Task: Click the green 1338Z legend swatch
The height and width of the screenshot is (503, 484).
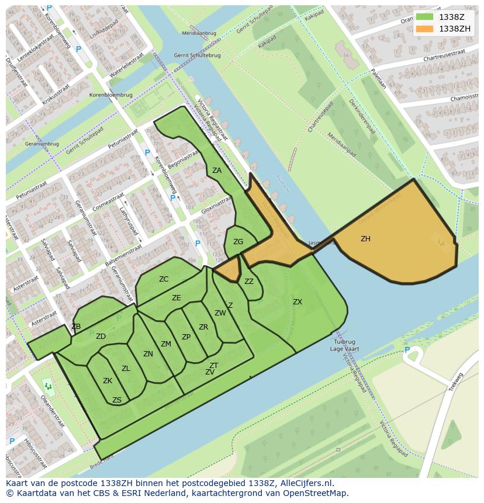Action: (425, 17)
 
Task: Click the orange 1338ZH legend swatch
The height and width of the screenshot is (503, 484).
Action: (425, 28)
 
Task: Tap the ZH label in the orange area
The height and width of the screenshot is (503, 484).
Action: (365, 239)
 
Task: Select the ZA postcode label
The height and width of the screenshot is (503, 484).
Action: (217, 171)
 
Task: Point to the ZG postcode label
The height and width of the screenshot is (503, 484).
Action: (238, 242)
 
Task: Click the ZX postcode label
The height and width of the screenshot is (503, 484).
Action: (298, 302)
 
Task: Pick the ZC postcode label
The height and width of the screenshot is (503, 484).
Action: (164, 279)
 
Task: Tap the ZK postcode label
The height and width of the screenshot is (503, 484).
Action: (108, 381)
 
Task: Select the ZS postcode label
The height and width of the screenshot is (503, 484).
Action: (117, 400)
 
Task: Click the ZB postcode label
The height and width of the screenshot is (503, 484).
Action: (76, 327)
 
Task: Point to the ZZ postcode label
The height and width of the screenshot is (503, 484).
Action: (249, 282)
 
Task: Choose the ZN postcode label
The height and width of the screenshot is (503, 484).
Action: (148, 354)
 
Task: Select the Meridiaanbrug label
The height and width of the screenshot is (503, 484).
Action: (199, 33)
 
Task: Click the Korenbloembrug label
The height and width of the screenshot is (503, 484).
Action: (110, 94)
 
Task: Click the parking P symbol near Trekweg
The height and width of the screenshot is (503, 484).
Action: (407, 350)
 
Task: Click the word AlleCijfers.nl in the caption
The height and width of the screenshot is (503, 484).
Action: (306, 483)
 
